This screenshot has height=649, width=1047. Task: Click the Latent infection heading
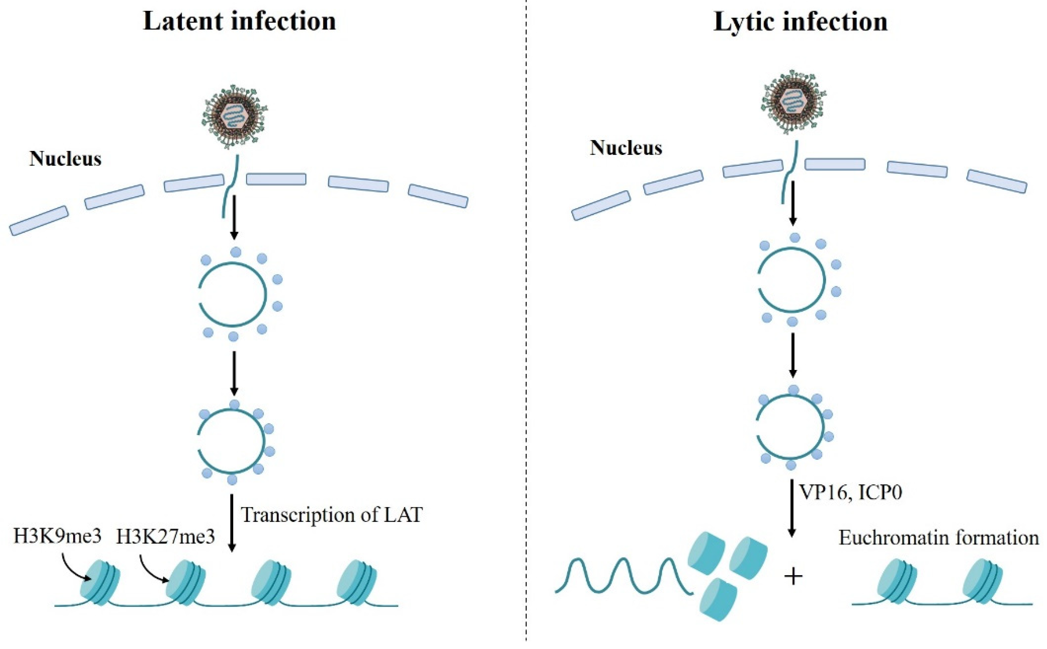[x=239, y=21]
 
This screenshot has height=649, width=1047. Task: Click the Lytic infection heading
[x=800, y=21]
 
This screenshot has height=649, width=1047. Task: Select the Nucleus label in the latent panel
[x=65, y=159]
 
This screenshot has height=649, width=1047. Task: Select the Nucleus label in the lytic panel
[x=626, y=148]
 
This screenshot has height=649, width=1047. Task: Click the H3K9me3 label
[x=58, y=536]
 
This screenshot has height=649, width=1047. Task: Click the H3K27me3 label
[x=166, y=537]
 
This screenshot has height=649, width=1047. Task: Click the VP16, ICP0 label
[x=850, y=492]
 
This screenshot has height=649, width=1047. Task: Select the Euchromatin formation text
[x=938, y=538]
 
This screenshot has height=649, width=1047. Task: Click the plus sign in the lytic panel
[x=793, y=577]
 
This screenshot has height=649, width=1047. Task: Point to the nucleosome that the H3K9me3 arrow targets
[x=100, y=582]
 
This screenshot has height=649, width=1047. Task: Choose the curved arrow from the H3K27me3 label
[x=152, y=569]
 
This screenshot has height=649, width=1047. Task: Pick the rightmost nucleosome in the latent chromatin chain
[x=356, y=581]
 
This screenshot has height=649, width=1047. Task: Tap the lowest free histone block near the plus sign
[x=718, y=599]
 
